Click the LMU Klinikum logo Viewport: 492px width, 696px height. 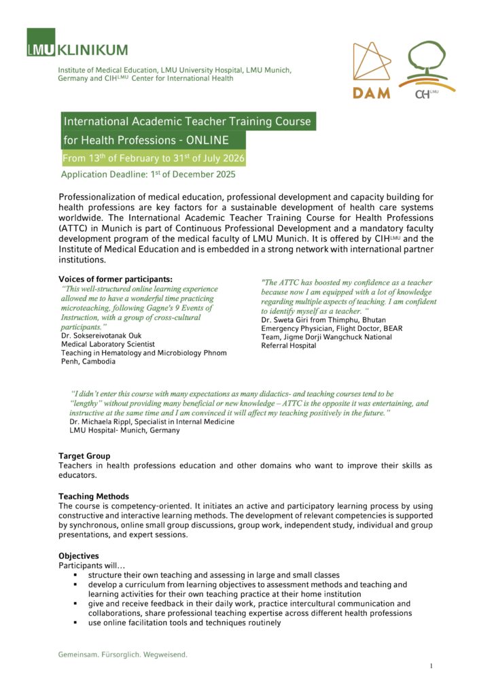(x=77, y=42)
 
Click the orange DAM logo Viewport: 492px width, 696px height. (x=372, y=71)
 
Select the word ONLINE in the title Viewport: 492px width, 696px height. (x=207, y=141)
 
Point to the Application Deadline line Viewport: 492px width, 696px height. (x=148, y=175)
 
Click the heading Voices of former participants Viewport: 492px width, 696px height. (x=116, y=279)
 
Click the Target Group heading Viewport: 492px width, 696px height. (x=84, y=455)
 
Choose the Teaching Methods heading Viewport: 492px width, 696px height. (x=94, y=496)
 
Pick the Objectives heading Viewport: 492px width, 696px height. (x=79, y=556)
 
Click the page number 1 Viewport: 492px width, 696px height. (x=431, y=666)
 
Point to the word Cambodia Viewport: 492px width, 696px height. (x=99, y=362)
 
